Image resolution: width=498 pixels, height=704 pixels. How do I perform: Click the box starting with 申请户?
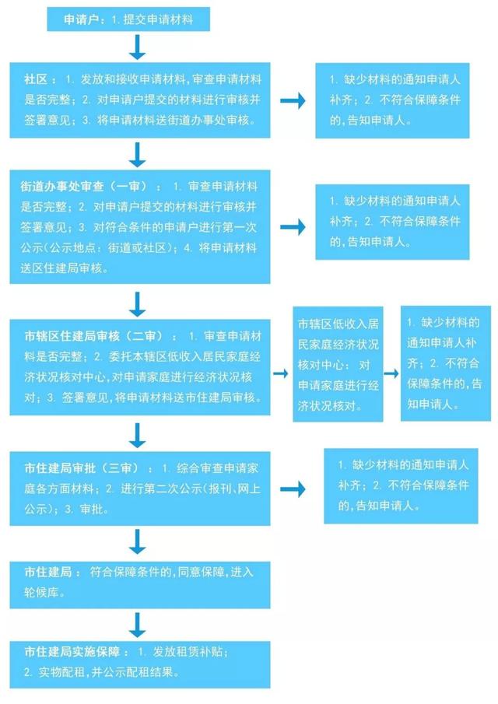tap(128, 19)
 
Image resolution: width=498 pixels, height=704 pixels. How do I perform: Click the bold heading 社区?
tap(36, 79)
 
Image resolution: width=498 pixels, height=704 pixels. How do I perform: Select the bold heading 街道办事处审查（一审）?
tap(83, 187)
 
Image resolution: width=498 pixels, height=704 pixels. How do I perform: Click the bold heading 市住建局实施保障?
tap(72, 651)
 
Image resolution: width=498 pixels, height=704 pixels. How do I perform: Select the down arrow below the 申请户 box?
tap(138, 47)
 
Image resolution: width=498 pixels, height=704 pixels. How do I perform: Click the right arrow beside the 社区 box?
tap(293, 100)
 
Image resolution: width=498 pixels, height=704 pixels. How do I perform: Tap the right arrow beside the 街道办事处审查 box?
tap(293, 227)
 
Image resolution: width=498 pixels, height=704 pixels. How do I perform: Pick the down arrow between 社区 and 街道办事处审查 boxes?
tap(138, 155)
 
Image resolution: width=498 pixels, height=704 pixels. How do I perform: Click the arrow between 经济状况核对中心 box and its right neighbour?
tap(391, 373)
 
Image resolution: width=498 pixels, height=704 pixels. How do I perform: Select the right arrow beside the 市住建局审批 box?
tap(293, 489)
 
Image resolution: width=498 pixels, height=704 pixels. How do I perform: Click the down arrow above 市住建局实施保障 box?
tap(138, 625)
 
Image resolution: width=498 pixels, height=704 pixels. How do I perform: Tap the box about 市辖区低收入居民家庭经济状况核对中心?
tap(338, 364)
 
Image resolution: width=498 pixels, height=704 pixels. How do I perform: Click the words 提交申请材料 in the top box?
tap(158, 19)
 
